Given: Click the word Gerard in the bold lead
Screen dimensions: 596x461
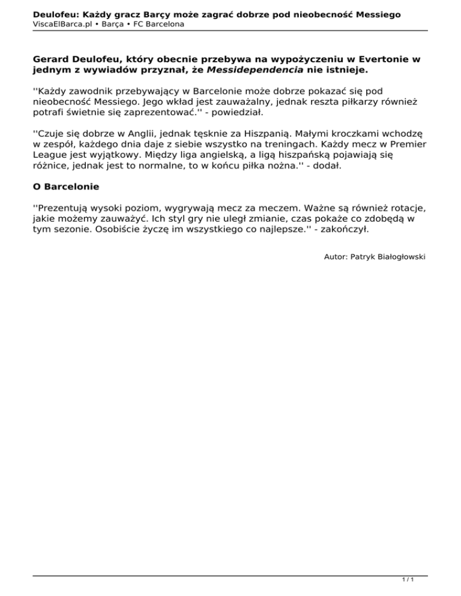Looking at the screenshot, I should coord(51,60).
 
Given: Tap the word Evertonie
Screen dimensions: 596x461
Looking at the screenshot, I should coord(384,60).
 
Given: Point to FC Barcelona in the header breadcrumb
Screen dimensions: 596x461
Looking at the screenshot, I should coord(158,24).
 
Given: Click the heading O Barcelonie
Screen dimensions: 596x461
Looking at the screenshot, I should coord(66,187).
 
